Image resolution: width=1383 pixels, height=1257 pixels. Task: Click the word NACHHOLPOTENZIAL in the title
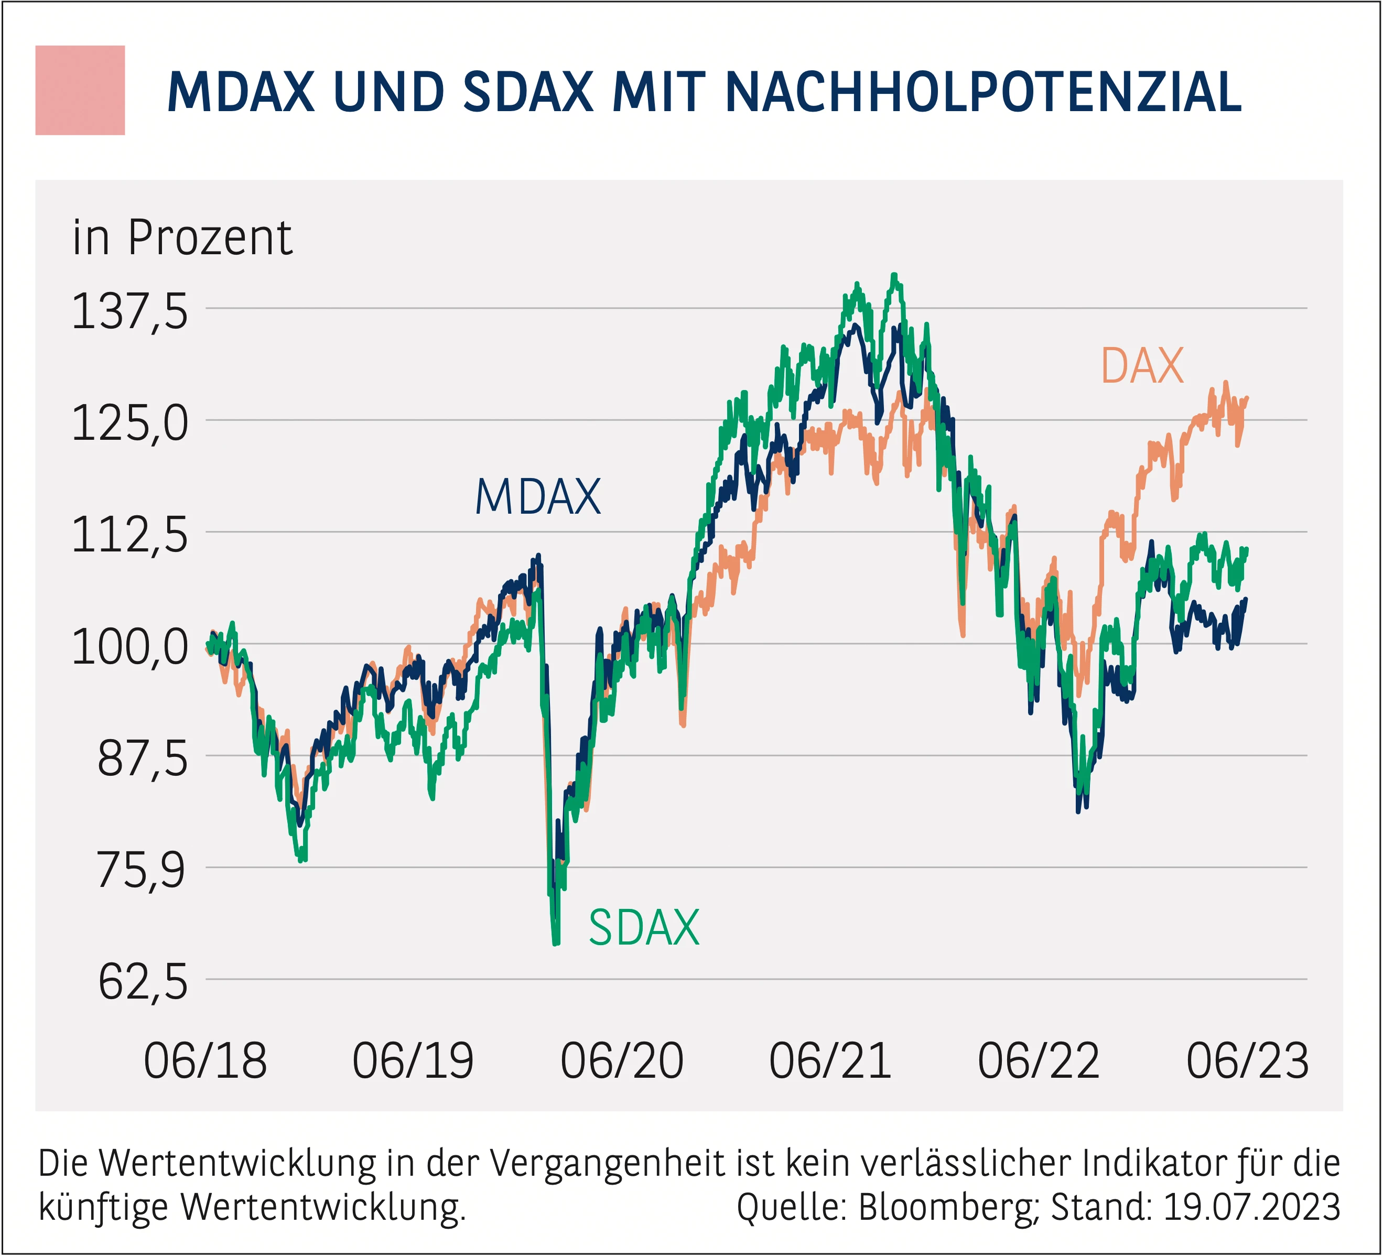point(982,92)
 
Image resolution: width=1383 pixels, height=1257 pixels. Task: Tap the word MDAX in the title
point(241,92)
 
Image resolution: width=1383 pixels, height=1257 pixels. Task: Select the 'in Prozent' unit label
point(182,237)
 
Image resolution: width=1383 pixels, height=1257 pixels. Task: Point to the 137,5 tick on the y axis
point(129,311)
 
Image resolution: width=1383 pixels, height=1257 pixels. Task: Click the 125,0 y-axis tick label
point(129,423)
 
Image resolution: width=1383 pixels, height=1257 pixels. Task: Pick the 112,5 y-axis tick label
point(129,535)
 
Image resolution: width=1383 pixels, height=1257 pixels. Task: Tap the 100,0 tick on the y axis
point(129,647)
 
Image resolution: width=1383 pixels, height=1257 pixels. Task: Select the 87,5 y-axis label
point(142,758)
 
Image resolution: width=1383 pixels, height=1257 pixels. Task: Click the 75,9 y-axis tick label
point(142,870)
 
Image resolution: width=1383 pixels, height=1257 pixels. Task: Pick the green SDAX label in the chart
point(643,928)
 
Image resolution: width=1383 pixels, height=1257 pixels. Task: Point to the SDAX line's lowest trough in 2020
point(556,942)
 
